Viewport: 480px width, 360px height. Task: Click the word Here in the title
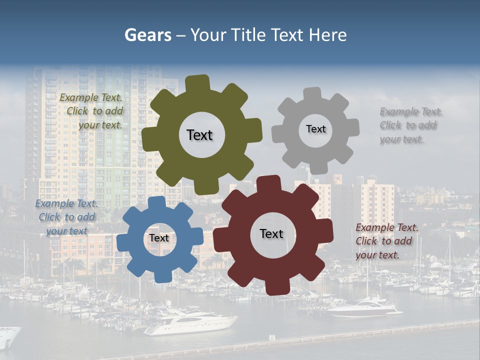click(x=327, y=35)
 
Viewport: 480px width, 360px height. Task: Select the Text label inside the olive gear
click(x=199, y=135)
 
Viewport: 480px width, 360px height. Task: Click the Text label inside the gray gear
click(x=315, y=129)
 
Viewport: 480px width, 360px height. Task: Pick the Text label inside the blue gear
click(x=159, y=238)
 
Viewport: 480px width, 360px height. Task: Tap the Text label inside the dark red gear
click(x=271, y=233)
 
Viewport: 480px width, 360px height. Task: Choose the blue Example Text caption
click(x=66, y=217)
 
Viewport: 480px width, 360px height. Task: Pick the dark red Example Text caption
click(x=386, y=241)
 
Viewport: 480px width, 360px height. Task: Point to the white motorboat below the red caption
click(x=365, y=308)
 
